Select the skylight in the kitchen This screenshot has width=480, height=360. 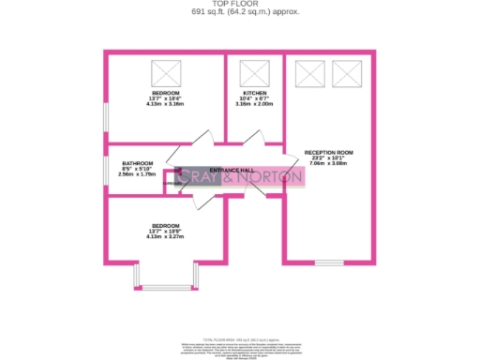[x=253, y=72]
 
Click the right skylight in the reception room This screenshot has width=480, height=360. [x=346, y=72]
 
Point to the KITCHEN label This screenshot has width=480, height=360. [x=254, y=94]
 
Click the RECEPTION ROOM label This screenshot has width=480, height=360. [x=328, y=153]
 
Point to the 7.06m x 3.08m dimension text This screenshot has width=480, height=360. [x=328, y=163]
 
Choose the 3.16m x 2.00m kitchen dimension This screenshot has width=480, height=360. [x=254, y=104]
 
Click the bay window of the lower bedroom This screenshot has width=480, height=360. [x=149, y=277]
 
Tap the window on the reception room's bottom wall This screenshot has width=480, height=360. [x=328, y=262]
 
